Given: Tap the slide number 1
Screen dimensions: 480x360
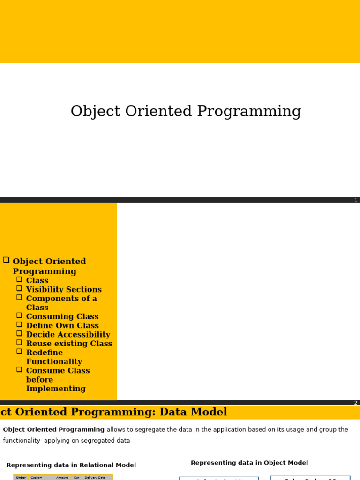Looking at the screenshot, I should coord(356,200).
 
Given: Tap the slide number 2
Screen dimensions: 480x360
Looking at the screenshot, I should coord(356,403).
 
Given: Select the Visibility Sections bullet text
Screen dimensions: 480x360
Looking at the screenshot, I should coord(64,290).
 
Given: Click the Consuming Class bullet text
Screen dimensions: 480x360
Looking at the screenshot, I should coord(62,317).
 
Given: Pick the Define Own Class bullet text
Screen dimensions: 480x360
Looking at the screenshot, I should coord(62,326).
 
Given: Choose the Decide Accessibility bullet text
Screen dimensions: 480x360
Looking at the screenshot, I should coord(68,335).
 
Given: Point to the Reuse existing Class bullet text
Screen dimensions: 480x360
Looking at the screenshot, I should coord(69,344).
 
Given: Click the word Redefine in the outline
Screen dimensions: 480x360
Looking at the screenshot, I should coord(44,352).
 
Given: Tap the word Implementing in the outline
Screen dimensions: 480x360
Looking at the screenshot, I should coord(56,389).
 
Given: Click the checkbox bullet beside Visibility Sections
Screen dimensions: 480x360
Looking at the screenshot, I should coord(20,288).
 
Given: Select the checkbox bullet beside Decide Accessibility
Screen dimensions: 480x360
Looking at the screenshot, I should coord(20,333).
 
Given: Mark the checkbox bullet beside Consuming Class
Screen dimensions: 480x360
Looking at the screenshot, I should coord(20,315).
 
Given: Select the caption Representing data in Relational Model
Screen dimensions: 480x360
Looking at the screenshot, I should coord(71,465).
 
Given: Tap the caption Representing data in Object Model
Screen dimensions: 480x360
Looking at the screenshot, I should coord(249,463).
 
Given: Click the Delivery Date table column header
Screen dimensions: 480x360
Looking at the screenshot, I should coord(95,478).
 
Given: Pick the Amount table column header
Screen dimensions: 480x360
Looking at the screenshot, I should coord(62,478).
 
